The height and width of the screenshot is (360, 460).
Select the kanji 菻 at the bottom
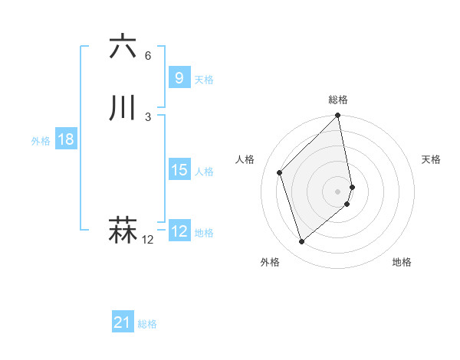pos(123,231)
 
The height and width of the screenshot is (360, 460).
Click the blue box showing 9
pos(179,78)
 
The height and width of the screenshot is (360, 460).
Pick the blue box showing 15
pos(179,170)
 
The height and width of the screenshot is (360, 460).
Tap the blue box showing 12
pos(179,231)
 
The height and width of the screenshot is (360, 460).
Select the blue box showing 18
pos(65,139)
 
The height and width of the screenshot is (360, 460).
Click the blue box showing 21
pos(123,323)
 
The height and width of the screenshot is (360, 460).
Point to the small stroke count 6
pos(148,56)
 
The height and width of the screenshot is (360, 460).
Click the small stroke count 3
pos(148,117)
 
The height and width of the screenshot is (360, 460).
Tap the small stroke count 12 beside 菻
pos(148,241)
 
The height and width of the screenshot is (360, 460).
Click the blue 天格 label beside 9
pos(204,80)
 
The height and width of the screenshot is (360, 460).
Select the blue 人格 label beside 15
pos(204,172)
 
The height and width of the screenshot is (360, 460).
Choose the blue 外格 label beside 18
pos(41,141)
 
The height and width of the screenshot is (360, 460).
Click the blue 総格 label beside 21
pos(147,325)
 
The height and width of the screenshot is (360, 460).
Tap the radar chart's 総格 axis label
pos(338,100)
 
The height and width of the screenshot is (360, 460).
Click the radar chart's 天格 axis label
pos(432,159)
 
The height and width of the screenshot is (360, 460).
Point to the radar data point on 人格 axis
pos(280,172)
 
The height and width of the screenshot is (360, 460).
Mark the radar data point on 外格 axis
pos(301,242)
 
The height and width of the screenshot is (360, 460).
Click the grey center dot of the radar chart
pos(338,191)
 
